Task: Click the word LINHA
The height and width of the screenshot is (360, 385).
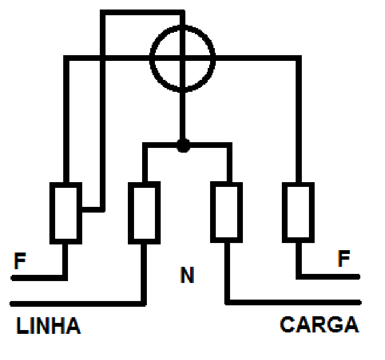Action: pos(48,325)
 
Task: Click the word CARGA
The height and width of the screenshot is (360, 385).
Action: pos(319,324)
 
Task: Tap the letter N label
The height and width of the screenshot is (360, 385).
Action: pos(187,275)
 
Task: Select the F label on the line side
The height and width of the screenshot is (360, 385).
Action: pos(20,261)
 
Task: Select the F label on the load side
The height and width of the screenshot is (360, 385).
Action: pos(344,258)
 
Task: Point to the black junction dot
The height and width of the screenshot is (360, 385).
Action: pos(183,145)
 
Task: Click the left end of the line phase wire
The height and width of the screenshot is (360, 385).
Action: pos(12,278)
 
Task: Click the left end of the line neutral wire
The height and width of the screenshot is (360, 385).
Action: pos(11,304)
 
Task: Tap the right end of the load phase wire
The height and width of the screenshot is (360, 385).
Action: pos(359,277)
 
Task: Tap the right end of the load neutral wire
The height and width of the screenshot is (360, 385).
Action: pos(360,302)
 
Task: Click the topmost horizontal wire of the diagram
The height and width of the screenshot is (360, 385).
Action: pos(143,12)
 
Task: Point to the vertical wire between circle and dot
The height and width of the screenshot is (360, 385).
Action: pos(183,116)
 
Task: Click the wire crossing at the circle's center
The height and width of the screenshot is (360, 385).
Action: pos(183,58)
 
